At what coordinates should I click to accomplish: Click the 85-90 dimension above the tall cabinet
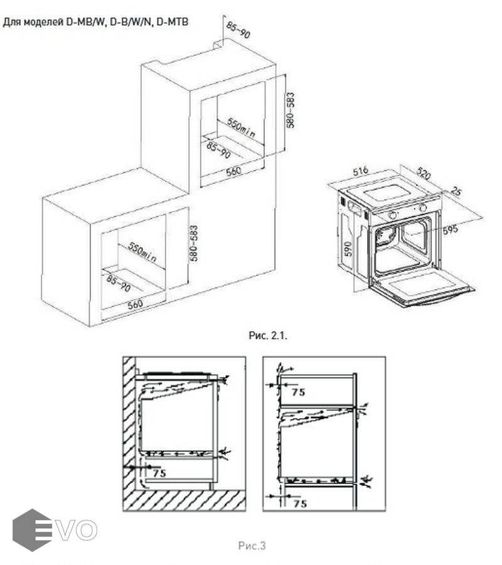(x=238, y=30)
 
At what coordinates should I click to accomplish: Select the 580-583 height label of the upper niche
(x=291, y=110)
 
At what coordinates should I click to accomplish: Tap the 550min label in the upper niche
(x=242, y=128)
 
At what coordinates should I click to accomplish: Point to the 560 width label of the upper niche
(x=233, y=171)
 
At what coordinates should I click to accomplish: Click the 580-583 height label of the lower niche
(x=194, y=243)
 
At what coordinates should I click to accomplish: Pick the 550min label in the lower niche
(x=142, y=252)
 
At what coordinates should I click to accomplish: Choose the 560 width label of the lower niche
(x=135, y=304)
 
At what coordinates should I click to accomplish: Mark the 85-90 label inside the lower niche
(x=119, y=283)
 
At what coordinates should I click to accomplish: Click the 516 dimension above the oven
(x=360, y=171)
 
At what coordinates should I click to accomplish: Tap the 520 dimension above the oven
(x=424, y=173)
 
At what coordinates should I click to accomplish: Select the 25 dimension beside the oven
(x=456, y=191)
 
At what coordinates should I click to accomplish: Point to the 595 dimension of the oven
(x=450, y=229)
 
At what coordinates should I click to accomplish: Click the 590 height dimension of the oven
(x=348, y=249)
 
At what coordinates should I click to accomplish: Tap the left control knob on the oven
(x=393, y=215)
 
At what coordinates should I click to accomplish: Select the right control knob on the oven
(x=423, y=208)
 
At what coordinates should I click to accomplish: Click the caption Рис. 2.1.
(x=268, y=336)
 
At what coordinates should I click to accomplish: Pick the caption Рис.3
(x=252, y=546)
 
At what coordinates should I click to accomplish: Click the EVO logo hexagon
(x=32, y=530)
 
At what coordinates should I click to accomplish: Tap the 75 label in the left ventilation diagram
(x=159, y=473)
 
